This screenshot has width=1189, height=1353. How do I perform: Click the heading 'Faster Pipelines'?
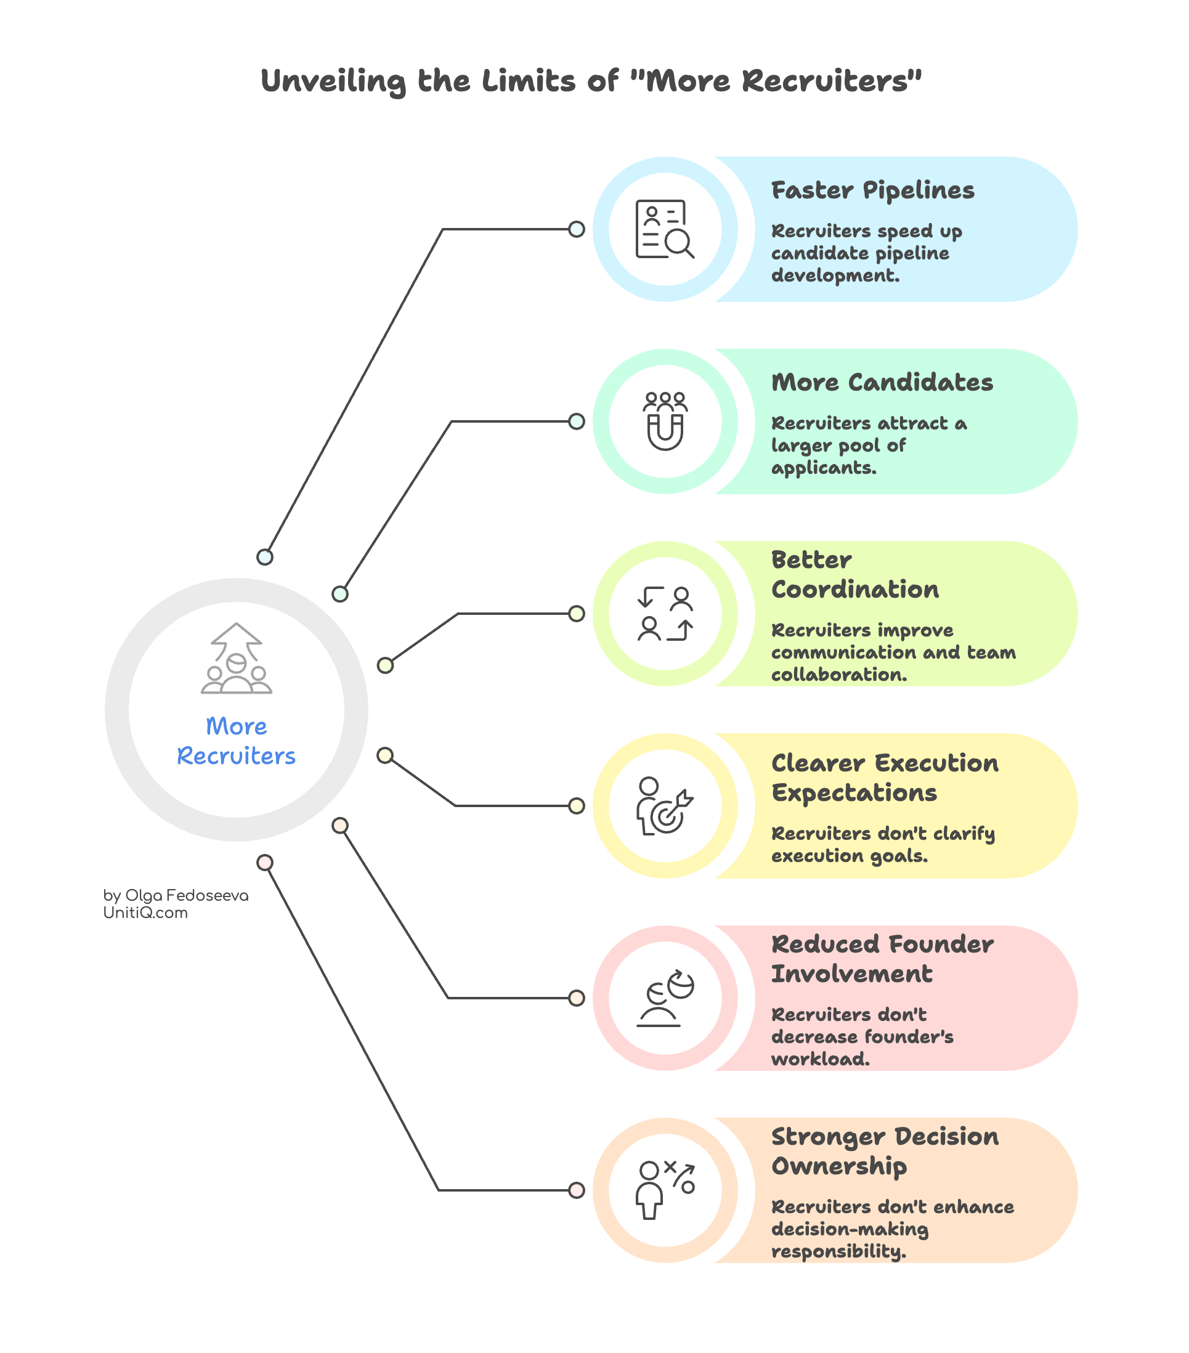[x=872, y=190]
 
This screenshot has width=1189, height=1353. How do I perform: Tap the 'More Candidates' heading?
[x=882, y=383]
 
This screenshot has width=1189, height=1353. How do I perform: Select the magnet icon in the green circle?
[x=665, y=421]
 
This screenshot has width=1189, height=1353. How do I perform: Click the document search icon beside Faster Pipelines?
[x=665, y=229]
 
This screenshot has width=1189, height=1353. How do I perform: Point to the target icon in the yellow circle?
[x=665, y=806]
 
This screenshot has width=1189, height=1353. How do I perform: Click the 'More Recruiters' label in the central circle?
[x=237, y=741]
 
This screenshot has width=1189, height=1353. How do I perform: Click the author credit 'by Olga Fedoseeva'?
[x=176, y=896]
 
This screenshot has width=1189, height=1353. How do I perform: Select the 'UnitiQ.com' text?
[x=145, y=913]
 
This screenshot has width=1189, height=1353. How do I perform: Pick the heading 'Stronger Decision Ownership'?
[x=885, y=1151]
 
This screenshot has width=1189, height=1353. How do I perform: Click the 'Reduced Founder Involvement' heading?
[x=882, y=959]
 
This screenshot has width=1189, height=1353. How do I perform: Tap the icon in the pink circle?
[x=665, y=998]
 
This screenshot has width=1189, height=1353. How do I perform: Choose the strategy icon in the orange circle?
[x=665, y=1190]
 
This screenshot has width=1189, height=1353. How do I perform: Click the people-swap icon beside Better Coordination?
[x=665, y=614]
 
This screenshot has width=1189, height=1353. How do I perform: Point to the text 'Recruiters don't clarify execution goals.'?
[x=882, y=844]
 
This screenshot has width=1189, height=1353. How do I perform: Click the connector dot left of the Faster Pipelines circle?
[x=577, y=229]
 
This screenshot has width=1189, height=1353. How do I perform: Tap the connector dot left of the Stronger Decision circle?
[x=577, y=1190]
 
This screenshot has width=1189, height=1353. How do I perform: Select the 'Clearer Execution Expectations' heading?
[x=885, y=778]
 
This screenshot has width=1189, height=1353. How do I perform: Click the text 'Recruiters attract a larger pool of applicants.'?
[x=869, y=445]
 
